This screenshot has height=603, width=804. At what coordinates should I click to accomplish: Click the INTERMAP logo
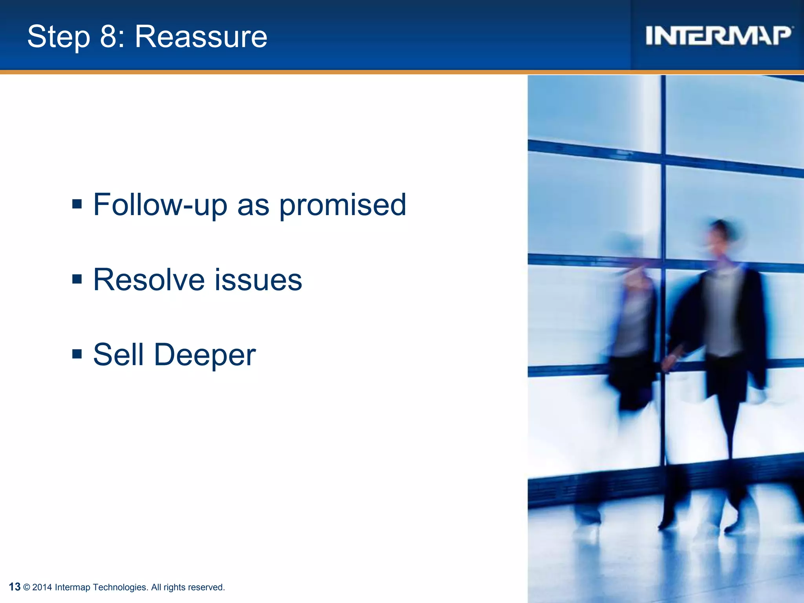[x=718, y=36]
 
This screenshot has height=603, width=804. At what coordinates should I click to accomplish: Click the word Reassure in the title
[x=201, y=37]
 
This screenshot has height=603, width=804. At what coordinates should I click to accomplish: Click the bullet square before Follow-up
[x=77, y=204]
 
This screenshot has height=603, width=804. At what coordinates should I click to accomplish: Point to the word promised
[x=342, y=205]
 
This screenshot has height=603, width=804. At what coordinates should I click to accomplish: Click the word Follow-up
[x=160, y=205]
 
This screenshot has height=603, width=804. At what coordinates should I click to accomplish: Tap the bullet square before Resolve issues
[x=77, y=279]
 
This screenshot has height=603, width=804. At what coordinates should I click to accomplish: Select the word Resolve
[x=149, y=280]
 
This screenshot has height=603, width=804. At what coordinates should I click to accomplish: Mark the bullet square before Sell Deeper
[x=77, y=354]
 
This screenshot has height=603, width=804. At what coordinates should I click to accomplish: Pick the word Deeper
[x=205, y=355]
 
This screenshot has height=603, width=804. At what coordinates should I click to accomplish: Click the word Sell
[x=118, y=354]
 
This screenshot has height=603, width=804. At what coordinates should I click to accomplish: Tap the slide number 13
[x=15, y=587]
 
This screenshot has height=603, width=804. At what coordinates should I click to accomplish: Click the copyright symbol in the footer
[x=27, y=587]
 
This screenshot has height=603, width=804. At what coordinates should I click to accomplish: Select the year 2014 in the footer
[x=42, y=587]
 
